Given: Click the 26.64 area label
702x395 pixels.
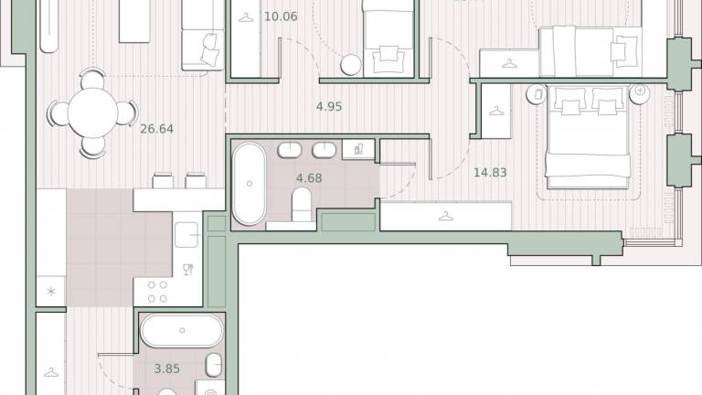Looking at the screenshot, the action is (x=156, y=129).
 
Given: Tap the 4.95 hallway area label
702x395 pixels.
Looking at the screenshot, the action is (x=329, y=107).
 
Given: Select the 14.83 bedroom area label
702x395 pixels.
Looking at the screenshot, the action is (x=490, y=173).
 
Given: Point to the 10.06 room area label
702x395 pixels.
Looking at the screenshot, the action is (x=281, y=16).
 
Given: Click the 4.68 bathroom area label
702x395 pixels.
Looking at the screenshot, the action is (x=309, y=178).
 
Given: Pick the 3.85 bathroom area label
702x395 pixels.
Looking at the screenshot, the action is (x=167, y=369).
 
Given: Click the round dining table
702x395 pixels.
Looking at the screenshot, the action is (x=92, y=112).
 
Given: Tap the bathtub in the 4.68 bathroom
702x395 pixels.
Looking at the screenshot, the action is (x=249, y=184).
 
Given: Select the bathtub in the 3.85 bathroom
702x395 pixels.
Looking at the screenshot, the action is (x=182, y=330).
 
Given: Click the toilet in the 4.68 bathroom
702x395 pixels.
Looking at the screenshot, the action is (x=302, y=204).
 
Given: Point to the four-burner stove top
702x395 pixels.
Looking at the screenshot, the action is (x=157, y=292).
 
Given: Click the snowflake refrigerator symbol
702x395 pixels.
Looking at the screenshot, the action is (x=51, y=292).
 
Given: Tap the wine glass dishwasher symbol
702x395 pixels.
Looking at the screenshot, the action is (x=188, y=269).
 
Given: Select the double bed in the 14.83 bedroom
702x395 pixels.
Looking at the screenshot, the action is (x=588, y=136).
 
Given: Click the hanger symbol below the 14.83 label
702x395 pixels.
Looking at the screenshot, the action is (x=446, y=217).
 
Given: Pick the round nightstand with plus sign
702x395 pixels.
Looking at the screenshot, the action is (x=640, y=93).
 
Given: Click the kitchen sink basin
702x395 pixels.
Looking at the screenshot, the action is (x=186, y=235).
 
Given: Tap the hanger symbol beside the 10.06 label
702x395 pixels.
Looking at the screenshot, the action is (x=245, y=18).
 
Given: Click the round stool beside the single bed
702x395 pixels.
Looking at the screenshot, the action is (x=351, y=65).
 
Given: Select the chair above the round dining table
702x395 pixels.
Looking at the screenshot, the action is (x=92, y=78).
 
